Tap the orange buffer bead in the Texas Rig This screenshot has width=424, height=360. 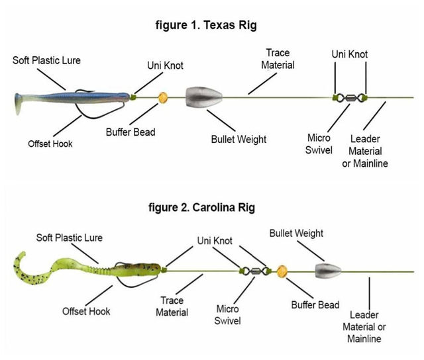(161, 98)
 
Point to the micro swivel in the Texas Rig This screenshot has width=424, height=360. (350, 98)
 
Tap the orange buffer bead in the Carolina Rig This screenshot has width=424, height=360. (282, 270)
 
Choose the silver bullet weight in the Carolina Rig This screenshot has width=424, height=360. (326, 271)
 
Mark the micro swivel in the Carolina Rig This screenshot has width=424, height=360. (255, 270)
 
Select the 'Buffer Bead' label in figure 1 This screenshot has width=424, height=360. (131, 132)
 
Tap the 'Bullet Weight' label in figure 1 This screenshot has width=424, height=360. (238, 139)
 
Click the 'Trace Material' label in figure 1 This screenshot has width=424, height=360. (278, 59)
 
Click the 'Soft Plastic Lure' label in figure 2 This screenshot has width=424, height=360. (70, 238)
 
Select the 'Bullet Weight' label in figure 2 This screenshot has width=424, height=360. (296, 234)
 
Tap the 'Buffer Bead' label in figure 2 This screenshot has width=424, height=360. (315, 304)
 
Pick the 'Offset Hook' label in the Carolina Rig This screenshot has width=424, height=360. (86, 310)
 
